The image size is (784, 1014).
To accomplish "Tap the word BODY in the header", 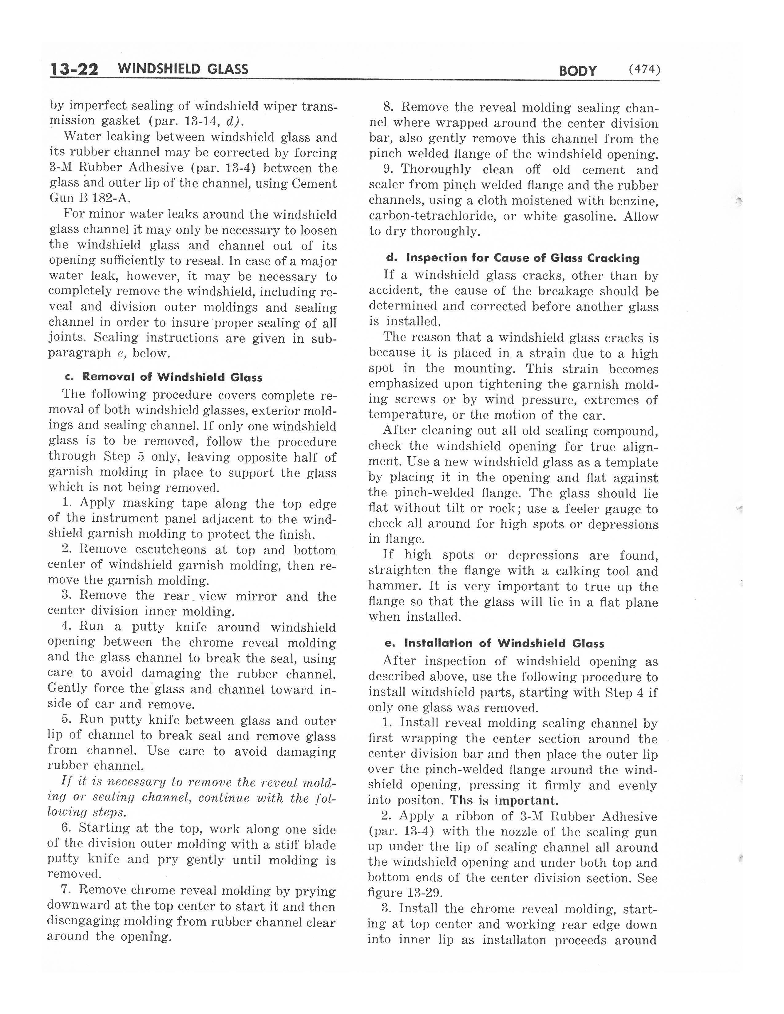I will pos(577,71).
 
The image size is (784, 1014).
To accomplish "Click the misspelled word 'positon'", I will pos(420,800).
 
